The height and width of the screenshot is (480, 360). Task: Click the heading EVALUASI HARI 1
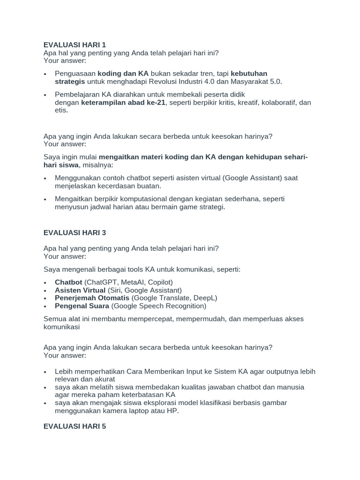[x=75, y=45]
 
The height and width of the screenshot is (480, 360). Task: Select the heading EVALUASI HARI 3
[x=75, y=232]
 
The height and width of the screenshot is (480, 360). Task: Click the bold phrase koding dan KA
[x=123, y=74]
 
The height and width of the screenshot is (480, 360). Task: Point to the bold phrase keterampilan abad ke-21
[x=123, y=103]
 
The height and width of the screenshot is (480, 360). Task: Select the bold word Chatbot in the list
[x=68, y=282]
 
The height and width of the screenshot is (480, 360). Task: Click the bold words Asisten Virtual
[x=80, y=290]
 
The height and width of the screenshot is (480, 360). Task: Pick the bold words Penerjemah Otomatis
[x=92, y=298]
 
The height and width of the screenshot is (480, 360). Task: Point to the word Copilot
[x=157, y=282]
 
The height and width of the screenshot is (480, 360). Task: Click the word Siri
[x=115, y=290]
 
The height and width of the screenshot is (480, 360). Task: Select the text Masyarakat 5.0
[x=255, y=82]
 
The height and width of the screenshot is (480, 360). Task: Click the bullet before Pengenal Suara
[x=45, y=307]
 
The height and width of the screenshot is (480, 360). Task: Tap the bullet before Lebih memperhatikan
[x=45, y=372]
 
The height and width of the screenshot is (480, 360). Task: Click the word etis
[x=61, y=111]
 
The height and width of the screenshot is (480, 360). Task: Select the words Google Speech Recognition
[x=158, y=306]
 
